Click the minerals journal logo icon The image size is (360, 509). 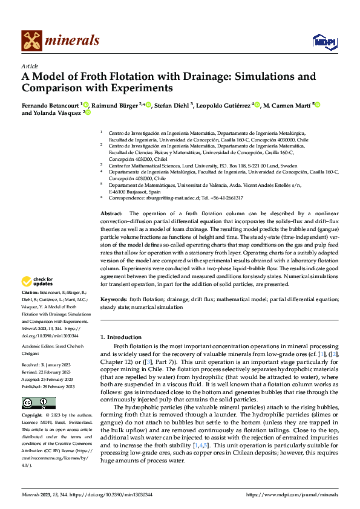(31, 41)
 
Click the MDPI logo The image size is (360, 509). (324, 41)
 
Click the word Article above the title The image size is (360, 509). (30, 66)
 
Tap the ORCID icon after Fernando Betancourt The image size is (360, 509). (87, 105)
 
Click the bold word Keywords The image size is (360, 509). (114, 299)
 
